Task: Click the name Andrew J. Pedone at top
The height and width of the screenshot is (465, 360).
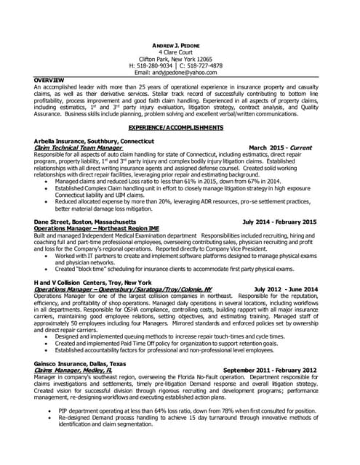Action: (x=180, y=44)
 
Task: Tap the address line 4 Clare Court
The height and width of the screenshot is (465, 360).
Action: (x=180, y=52)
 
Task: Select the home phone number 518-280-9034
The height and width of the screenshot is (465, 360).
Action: (x=159, y=65)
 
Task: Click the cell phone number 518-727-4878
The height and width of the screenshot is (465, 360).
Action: (x=207, y=65)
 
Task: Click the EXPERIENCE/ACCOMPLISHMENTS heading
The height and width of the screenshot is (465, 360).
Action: (x=180, y=127)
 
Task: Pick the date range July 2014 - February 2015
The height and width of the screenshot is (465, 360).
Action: (x=279, y=221)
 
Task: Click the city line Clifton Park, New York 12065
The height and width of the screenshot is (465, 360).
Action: (x=180, y=58)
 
